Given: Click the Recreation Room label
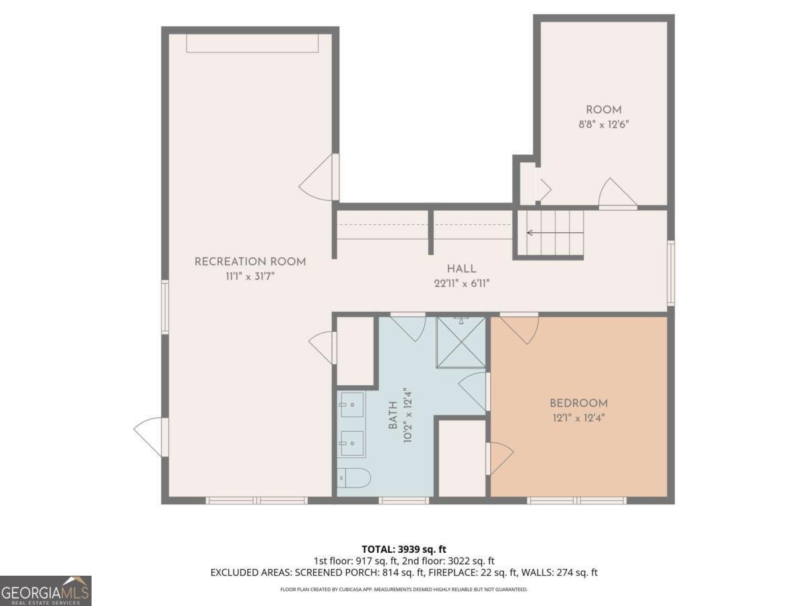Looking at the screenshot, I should tap(250, 262).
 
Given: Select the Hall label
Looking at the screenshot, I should tap(461, 269).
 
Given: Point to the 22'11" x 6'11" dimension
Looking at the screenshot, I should tap(461, 284).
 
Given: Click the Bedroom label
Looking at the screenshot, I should tap(578, 403).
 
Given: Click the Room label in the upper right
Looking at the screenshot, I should tap(603, 110).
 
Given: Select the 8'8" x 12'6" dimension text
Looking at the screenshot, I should tap(603, 125).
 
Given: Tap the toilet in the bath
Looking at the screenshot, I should tap(353, 477).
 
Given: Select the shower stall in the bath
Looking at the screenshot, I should tap(461, 342).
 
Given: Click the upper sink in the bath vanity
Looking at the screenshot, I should tap(351, 405).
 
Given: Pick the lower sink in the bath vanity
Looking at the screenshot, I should tap(351, 443).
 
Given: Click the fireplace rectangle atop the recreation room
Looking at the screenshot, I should tap(251, 43).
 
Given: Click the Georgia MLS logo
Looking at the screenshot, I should tap(45, 591).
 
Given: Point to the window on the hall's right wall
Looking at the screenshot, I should tap(671, 273).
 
